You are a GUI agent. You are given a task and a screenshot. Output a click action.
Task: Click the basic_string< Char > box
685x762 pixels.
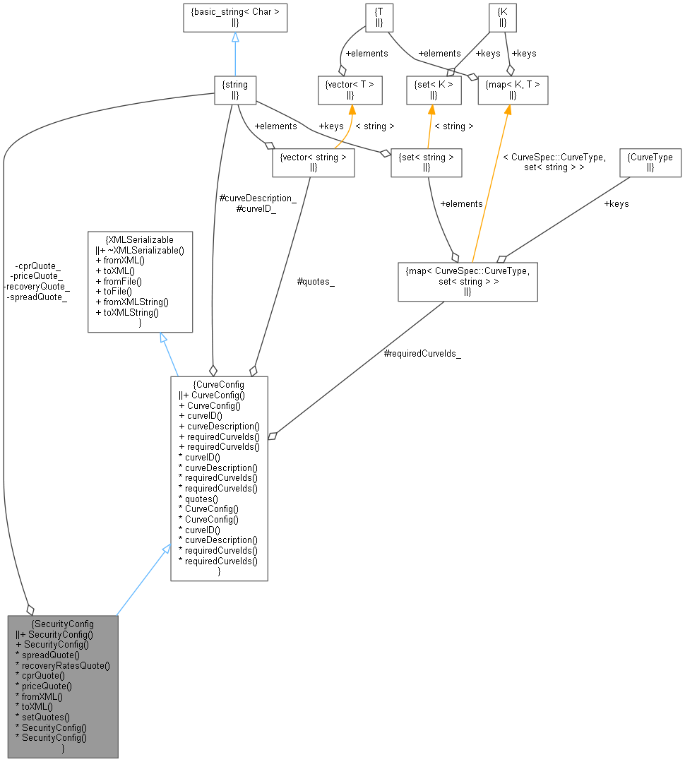(x=235, y=17)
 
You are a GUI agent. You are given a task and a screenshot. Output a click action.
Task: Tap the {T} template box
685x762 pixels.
(x=379, y=17)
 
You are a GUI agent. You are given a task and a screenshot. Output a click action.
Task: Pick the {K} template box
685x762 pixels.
(x=503, y=17)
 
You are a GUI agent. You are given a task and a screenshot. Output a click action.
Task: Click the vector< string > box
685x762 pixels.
(x=314, y=162)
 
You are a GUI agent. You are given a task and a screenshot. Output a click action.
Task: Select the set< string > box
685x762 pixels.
(x=427, y=162)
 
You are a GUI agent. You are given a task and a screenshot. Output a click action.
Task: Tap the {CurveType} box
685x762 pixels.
(x=650, y=162)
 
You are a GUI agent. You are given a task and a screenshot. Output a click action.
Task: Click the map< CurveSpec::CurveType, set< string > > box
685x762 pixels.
(x=467, y=281)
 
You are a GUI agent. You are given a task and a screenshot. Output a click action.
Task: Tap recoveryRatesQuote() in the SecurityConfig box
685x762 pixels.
(x=66, y=665)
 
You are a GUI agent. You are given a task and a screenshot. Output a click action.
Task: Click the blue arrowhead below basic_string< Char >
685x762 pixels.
(x=235, y=37)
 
